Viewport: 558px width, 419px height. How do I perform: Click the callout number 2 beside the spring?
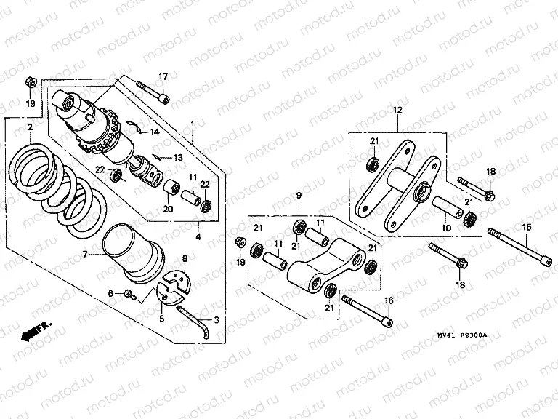29,128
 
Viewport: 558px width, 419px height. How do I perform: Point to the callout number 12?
397,110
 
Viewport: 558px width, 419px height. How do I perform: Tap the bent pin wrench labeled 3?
196,319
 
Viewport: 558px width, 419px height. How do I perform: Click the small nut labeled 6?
128,293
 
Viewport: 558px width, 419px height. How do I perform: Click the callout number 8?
185,258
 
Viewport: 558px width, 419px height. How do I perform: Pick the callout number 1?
192,124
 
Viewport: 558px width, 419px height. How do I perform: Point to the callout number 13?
178,157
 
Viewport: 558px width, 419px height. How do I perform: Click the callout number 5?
161,318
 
